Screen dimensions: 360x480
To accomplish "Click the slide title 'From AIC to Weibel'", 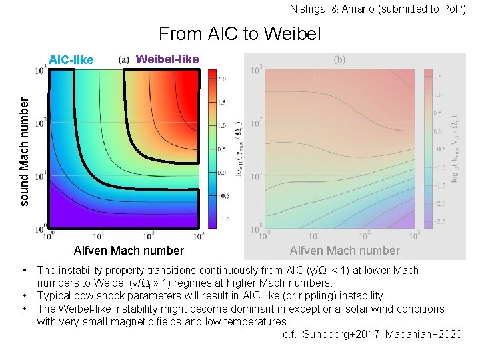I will [239, 33].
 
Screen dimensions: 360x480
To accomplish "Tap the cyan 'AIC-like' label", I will [71, 60].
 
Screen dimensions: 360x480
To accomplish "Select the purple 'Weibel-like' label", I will [167, 59].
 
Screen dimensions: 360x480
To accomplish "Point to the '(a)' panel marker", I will [124, 59].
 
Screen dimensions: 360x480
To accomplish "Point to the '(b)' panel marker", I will [339, 59].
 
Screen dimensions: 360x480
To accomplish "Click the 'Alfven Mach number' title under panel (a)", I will [129, 251].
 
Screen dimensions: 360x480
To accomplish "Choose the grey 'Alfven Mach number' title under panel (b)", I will [345, 251].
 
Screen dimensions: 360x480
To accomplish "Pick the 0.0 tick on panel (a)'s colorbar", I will [222, 173].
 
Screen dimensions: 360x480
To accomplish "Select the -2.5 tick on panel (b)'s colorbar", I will [440, 220].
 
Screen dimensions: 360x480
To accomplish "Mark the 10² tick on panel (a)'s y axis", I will [41, 123].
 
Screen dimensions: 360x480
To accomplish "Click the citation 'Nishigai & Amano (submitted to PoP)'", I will [378, 9].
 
